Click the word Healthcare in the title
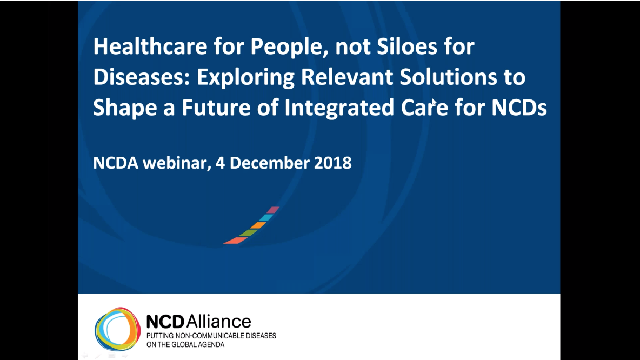click(150, 46)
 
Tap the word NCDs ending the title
click(519, 108)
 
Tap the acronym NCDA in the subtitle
click(116, 163)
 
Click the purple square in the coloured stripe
click(273, 210)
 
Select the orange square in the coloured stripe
click(258, 225)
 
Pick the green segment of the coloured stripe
click(249, 233)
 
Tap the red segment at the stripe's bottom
click(236, 241)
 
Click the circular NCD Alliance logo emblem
click(117, 329)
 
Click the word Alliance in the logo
click(219, 322)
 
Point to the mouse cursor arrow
click(434, 103)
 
